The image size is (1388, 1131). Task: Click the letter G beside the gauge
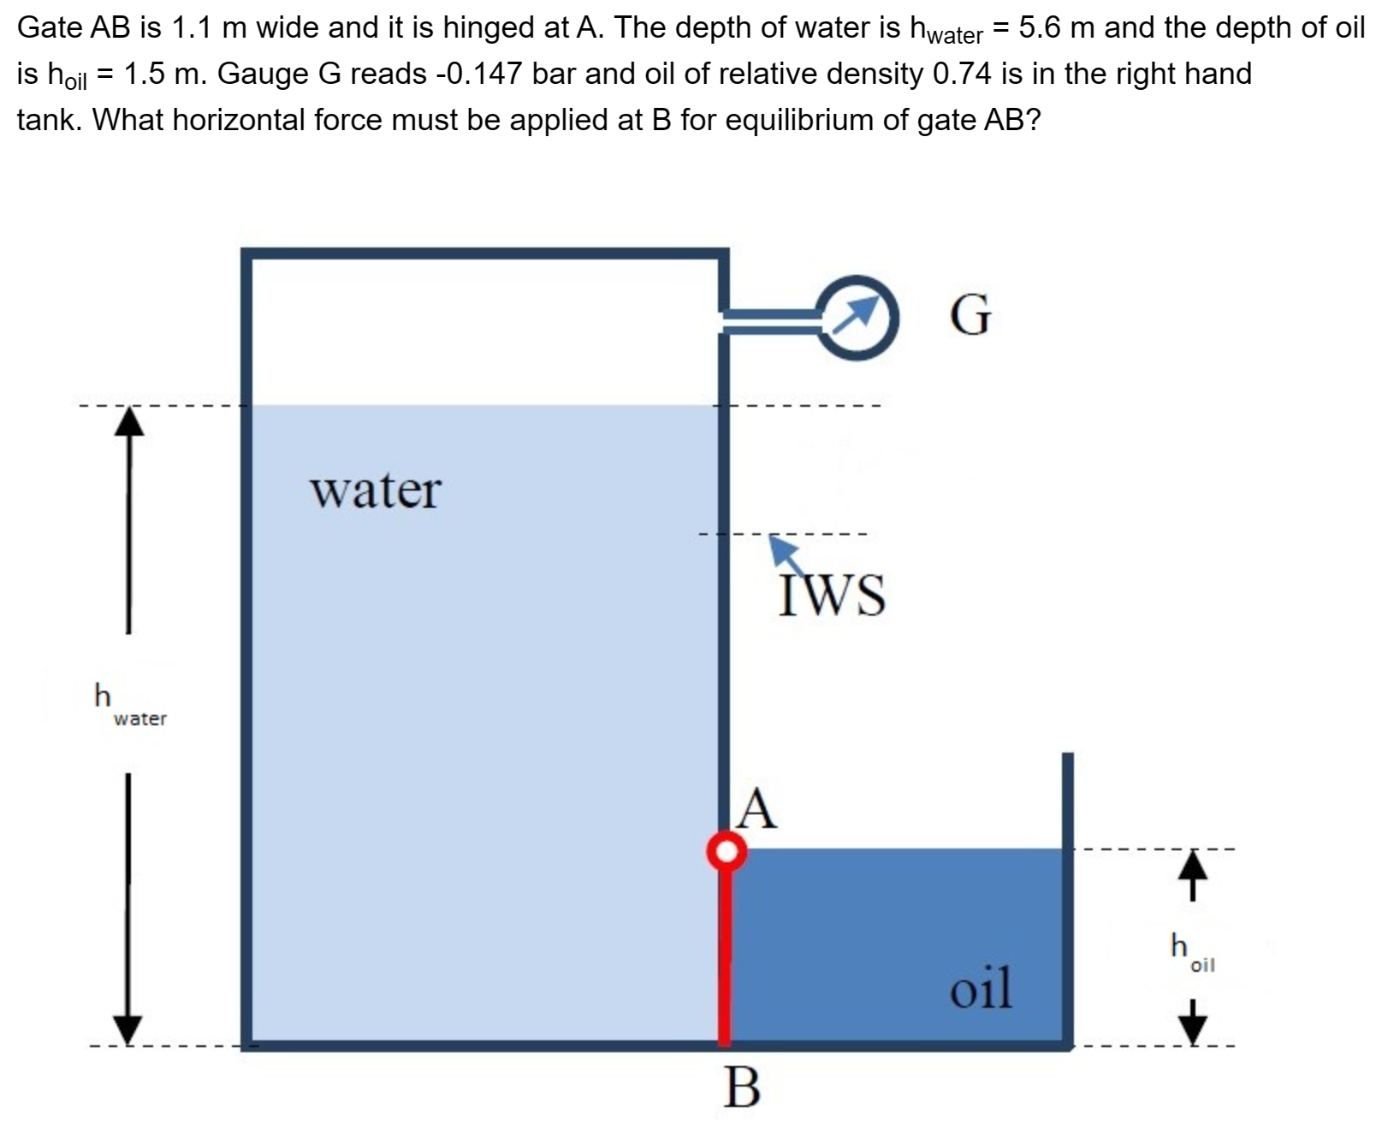click(x=971, y=315)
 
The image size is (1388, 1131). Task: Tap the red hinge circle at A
click(x=727, y=850)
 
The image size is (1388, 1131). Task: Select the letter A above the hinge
click(x=758, y=809)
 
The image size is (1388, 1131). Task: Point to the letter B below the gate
click(x=741, y=1089)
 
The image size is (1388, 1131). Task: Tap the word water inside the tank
click(x=376, y=491)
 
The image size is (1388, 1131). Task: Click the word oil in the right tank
click(x=981, y=987)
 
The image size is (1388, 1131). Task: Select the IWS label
click(x=832, y=595)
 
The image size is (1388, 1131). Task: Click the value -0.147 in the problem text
click(x=479, y=74)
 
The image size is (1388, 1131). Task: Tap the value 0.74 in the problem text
click(x=962, y=74)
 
